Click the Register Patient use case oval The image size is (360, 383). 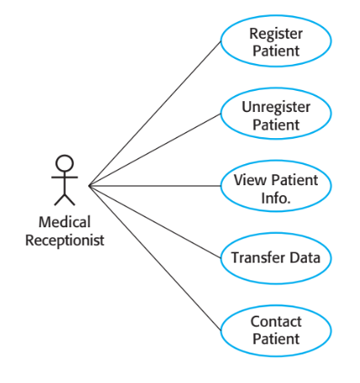tap(276, 42)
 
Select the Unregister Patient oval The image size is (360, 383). tap(276, 116)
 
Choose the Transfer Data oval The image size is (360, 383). tap(276, 257)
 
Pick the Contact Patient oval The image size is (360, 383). tap(276, 330)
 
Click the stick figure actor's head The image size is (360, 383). tap(64, 163)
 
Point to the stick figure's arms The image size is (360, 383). tap(64, 178)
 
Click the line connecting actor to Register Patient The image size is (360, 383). tap(156, 112)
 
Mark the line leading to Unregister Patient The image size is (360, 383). tap(156, 150)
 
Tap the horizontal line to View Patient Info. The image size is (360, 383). tap(156, 186)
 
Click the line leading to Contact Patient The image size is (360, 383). tap(156, 257)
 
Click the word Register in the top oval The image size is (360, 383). tap(276, 34)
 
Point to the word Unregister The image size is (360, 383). tap(276, 108)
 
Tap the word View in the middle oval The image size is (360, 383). tap(251, 179)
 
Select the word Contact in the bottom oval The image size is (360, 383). tap(276, 322)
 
